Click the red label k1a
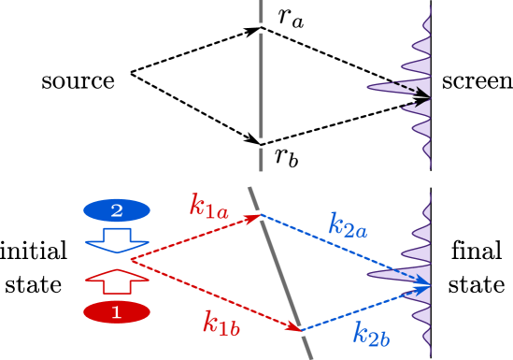[x=208, y=206]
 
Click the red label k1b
[x=222, y=324]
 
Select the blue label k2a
[x=347, y=224]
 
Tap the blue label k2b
[x=371, y=335]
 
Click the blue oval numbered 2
[x=117, y=210]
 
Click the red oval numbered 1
[x=117, y=312]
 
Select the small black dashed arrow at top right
[x=411, y=92]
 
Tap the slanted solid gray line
[x=280, y=271]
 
